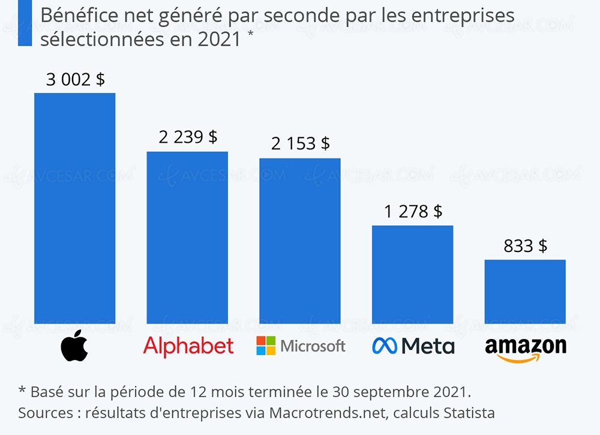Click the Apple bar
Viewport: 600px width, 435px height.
[x=75, y=208]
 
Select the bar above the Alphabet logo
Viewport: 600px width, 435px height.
[x=187, y=238]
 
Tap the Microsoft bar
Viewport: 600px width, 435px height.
[x=299, y=241]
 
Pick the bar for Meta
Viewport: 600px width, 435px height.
[x=412, y=274]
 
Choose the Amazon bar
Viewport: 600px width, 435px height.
[x=525, y=292]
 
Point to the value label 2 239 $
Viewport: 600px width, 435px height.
[x=188, y=137]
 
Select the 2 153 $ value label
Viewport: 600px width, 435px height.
[x=300, y=143]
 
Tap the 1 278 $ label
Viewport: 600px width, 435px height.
[x=413, y=211]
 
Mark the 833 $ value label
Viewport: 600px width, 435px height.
[x=526, y=245]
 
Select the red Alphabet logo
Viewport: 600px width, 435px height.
[x=188, y=346]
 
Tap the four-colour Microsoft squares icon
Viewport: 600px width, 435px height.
[x=266, y=346]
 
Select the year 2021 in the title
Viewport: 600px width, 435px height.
[x=221, y=38]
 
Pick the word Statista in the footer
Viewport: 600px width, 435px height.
[x=469, y=413]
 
